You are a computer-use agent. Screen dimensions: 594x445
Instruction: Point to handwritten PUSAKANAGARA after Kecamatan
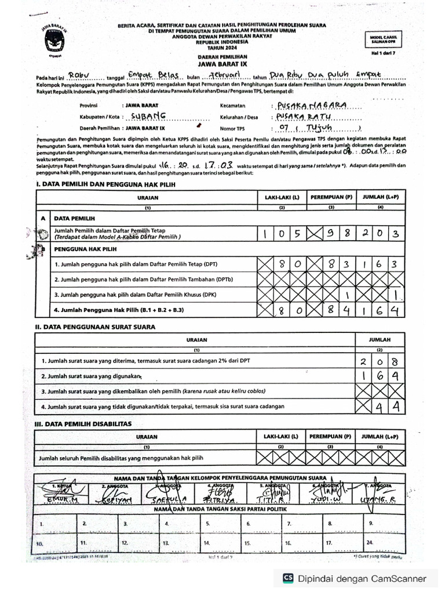tap(313, 105)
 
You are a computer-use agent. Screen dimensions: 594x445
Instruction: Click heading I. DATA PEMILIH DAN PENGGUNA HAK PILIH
tap(105, 184)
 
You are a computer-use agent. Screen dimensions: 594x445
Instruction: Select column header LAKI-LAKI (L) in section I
tap(282, 197)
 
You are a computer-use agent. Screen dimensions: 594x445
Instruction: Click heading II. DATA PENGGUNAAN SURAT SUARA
tap(95, 327)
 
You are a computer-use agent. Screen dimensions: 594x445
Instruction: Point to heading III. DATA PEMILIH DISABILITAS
tap(83, 423)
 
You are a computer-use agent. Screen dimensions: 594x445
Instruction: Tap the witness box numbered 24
tap(385, 544)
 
